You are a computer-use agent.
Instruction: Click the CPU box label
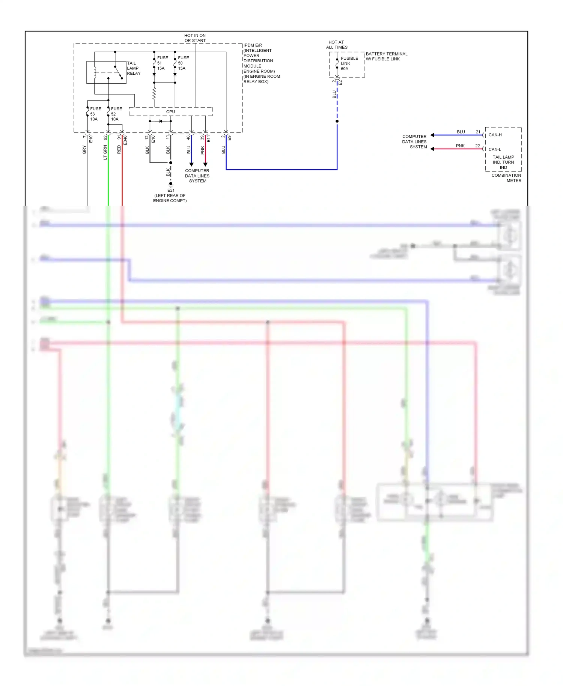coord(170,111)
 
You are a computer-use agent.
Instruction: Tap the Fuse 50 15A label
coord(183,63)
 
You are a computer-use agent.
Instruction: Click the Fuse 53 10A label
coord(95,114)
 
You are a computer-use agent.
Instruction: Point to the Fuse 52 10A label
coord(116,114)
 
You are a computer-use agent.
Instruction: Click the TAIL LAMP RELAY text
coord(133,68)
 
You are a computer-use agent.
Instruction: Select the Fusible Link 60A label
coord(349,63)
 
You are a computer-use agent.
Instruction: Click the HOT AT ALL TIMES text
coord(336,45)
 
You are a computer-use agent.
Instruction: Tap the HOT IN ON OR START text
coord(195,38)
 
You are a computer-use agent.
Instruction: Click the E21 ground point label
coord(171,190)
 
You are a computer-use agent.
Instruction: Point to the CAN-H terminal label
coord(495,135)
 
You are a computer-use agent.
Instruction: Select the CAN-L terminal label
coord(494,149)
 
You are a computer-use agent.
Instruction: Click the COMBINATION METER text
coord(506,178)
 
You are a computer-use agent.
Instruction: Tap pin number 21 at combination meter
coord(478,132)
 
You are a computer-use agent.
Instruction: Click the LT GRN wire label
coord(105,152)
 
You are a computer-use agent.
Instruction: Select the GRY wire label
coord(84,150)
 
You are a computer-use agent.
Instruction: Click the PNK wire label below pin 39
coord(202,150)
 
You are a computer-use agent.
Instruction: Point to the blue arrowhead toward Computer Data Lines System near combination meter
coord(432,135)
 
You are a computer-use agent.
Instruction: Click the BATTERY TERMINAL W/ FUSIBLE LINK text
coord(386,56)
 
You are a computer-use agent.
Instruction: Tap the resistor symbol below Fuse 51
coord(154,93)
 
